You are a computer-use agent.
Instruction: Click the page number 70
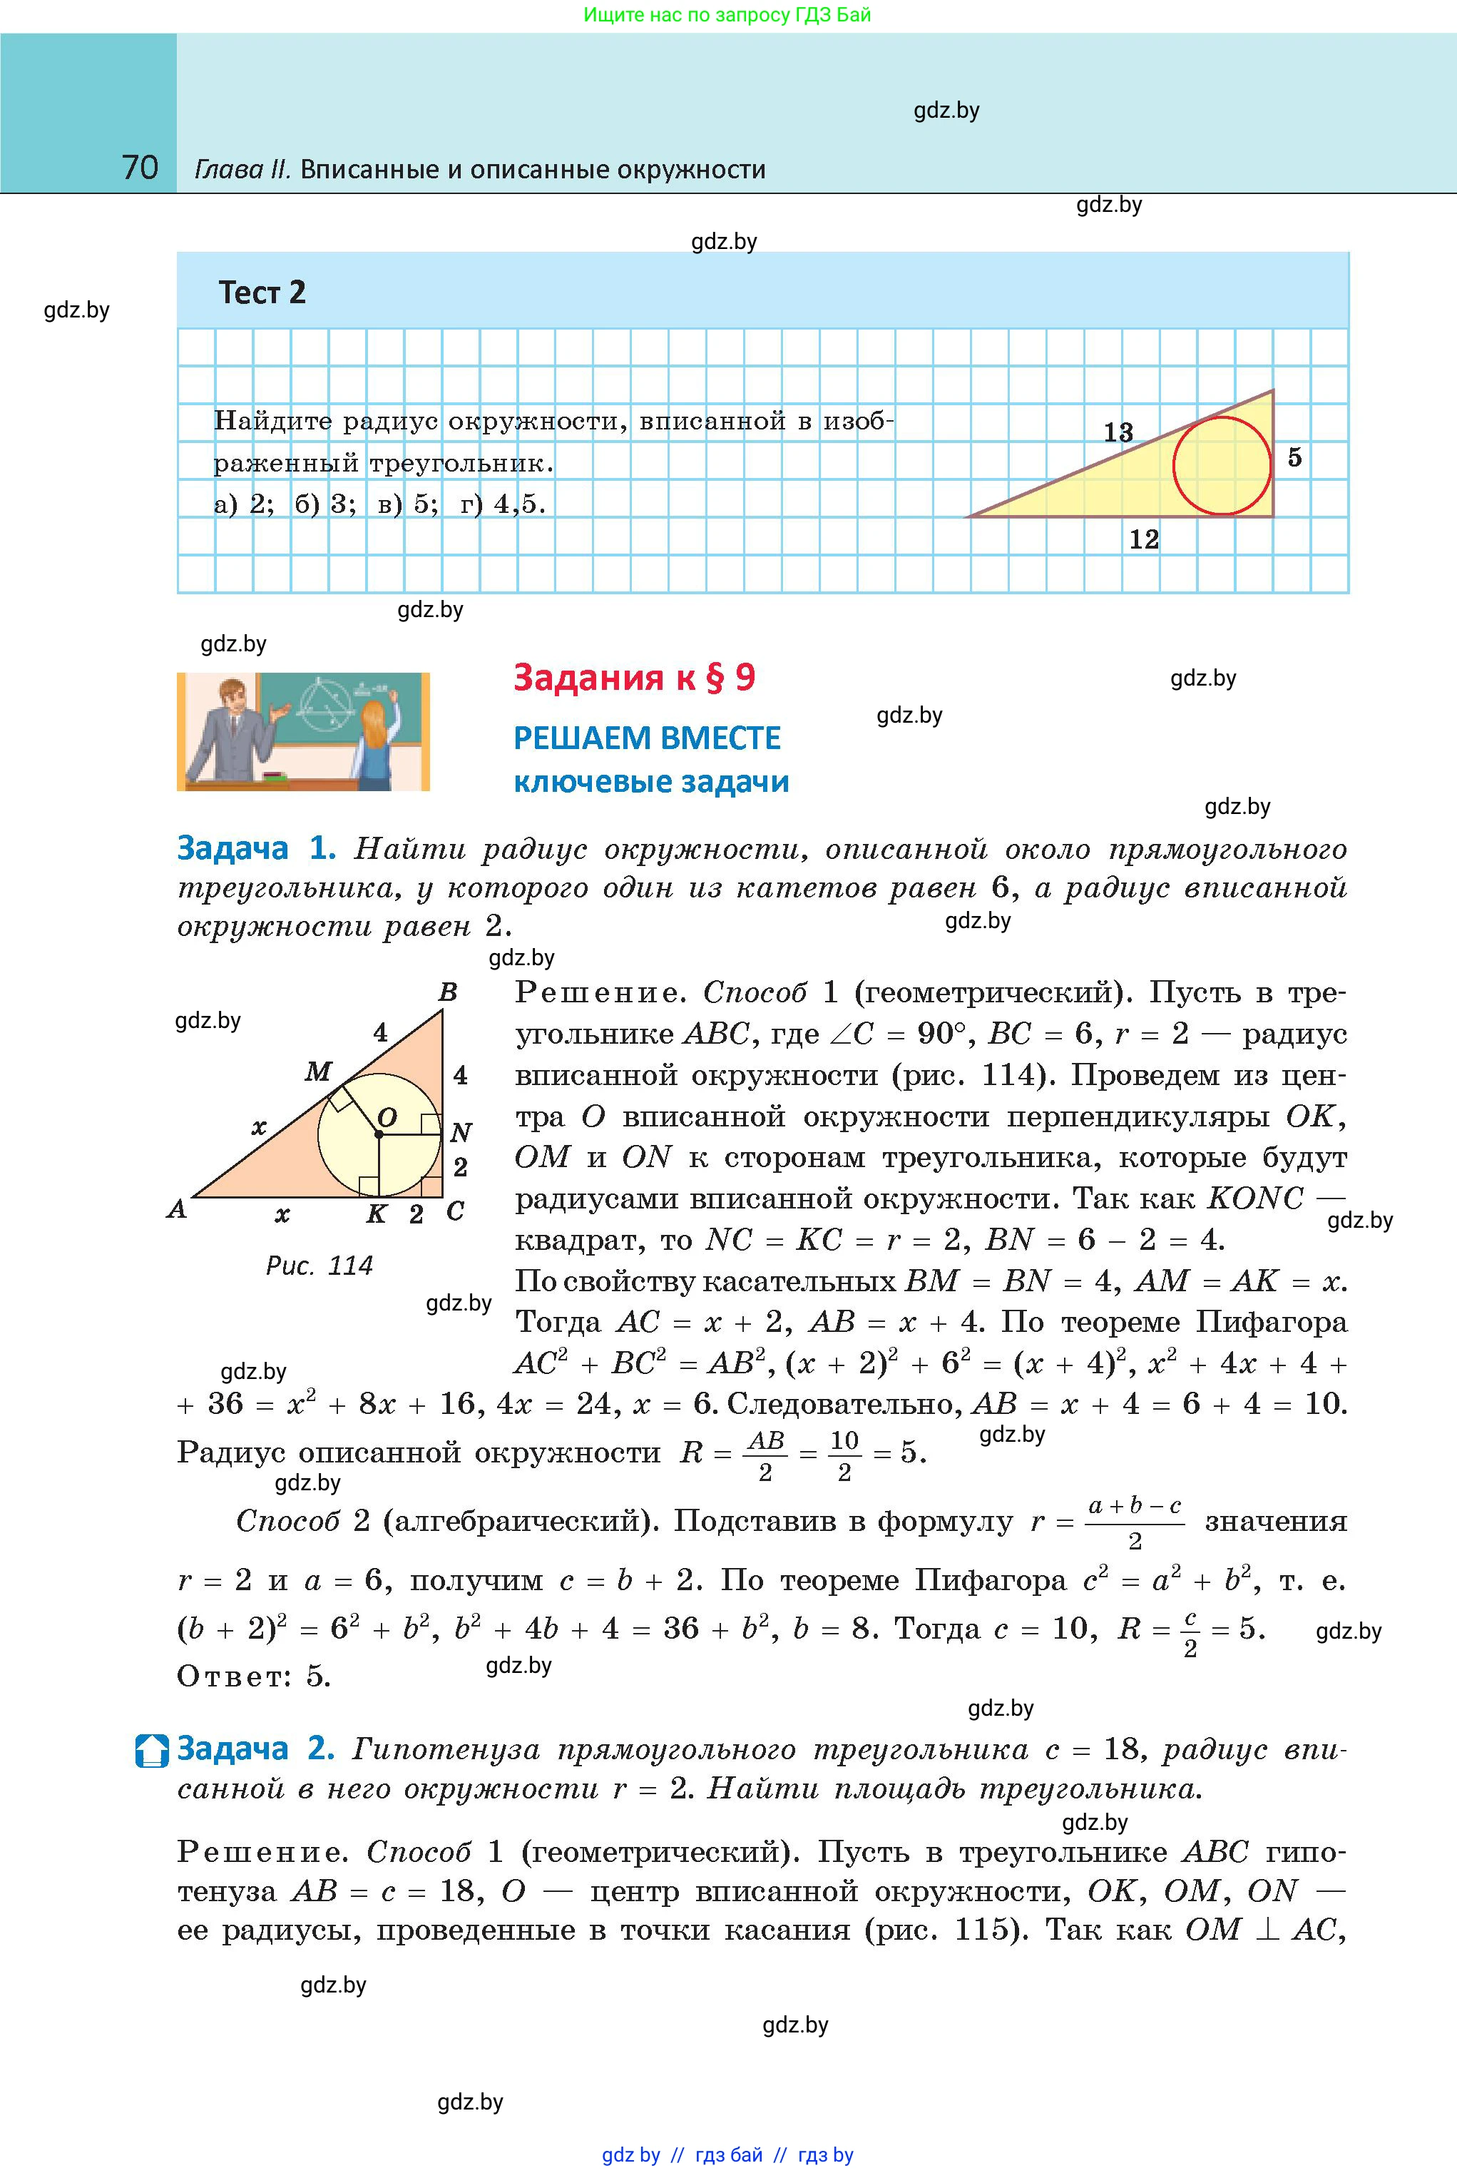[x=140, y=168]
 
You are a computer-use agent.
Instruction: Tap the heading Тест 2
[x=262, y=292]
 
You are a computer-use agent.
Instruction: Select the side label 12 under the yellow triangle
[x=1144, y=539]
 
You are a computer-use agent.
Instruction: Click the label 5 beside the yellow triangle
[x=1294, y=457]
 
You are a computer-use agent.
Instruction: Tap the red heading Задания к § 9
[x=634, y=678]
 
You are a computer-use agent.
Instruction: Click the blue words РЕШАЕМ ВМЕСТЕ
[x=647, y=738]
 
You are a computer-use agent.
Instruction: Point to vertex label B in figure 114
[x=448, y=992]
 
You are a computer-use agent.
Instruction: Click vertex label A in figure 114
[x=177, y=1209]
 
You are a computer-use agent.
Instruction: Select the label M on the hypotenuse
[x=318, y=1072]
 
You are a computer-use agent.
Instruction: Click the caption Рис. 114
[x=319, y=1266]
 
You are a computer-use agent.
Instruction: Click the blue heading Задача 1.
[x=255, y=848]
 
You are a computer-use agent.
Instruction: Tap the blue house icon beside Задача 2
[x=151, y=1750]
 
